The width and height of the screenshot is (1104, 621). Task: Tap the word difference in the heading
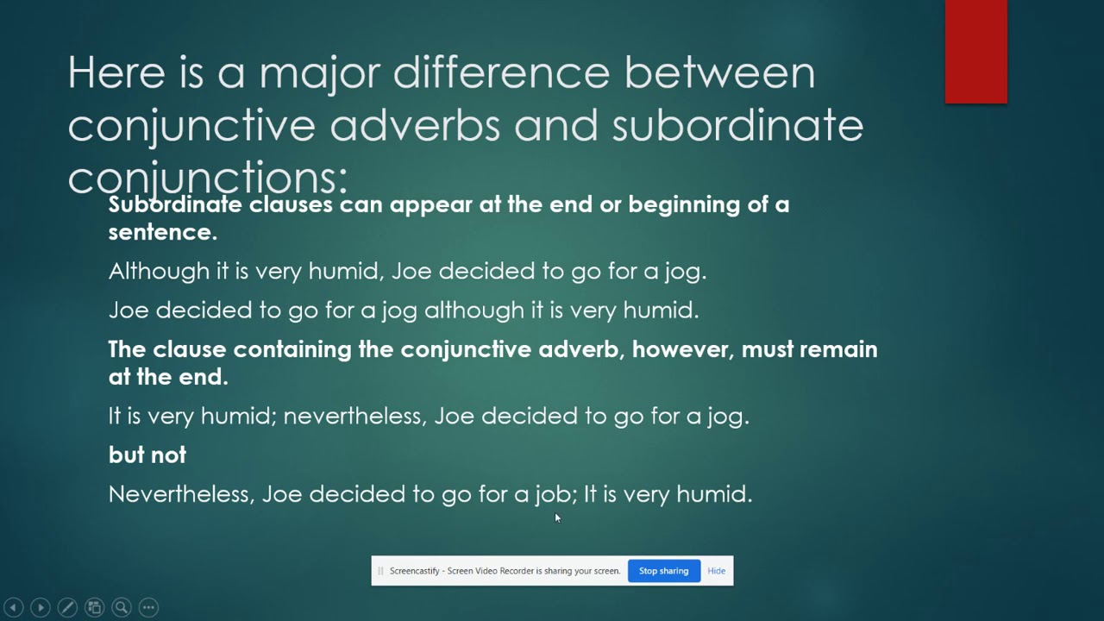(501, 72)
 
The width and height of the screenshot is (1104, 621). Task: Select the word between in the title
(719, 72)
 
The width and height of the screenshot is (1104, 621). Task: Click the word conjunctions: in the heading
(208, 178)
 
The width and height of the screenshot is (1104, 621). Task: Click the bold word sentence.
(162, 232)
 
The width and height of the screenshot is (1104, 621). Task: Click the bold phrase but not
(147, 455)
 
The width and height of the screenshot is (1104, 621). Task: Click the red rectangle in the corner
(975, 52)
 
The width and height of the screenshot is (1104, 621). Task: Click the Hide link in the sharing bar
(716, 571)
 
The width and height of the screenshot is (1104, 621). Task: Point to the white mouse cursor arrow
(557, 517)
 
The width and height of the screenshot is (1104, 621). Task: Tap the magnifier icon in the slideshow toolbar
(122, 607)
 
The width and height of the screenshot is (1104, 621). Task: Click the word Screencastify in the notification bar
(414, 571)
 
